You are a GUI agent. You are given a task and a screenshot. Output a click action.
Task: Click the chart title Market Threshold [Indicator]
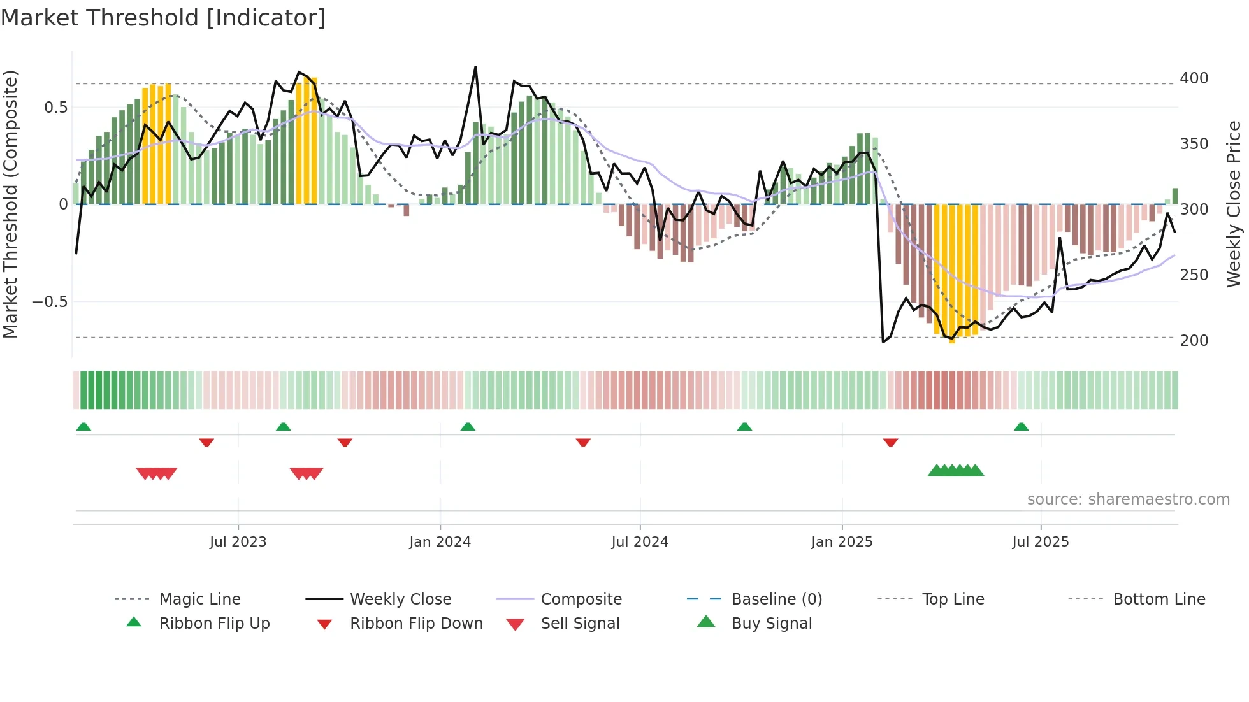click(163, 18)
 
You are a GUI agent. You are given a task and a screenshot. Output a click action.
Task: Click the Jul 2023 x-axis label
click(238, 542)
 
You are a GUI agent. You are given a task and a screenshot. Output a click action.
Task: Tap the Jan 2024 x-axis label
click(440, 542)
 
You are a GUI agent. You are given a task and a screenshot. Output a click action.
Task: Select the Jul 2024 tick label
click(640, 542)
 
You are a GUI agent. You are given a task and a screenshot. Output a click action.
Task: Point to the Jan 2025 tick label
click(842, 542)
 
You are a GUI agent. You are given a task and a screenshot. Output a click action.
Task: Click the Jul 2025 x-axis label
click(1041, 542)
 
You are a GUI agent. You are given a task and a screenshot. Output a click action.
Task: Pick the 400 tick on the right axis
click(1194, 78)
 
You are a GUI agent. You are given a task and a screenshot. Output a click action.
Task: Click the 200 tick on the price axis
click(1194, 341)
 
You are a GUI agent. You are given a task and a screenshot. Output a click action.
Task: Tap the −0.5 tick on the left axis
click(50, 302)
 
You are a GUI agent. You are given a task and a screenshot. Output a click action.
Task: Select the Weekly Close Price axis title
click(1234, 204)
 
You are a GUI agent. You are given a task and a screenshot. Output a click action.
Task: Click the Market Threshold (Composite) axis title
click(10, 204)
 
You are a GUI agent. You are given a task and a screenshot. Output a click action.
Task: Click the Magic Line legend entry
click(199, 599)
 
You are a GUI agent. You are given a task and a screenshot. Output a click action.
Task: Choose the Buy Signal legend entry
click(771, 624)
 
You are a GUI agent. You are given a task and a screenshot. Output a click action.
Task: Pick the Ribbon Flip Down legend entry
click(415, 624)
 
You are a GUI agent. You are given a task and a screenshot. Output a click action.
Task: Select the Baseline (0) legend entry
click(776, 599)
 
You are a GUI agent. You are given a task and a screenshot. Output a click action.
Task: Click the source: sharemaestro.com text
click(1128, 499)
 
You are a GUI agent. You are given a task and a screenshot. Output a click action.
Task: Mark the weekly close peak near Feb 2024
click(475, 68)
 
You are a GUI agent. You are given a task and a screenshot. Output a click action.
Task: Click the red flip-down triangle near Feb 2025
click(890, 442)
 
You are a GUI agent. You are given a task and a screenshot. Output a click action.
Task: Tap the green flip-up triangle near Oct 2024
click(744, 427)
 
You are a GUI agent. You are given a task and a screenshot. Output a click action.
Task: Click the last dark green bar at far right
click(1175, 196)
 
